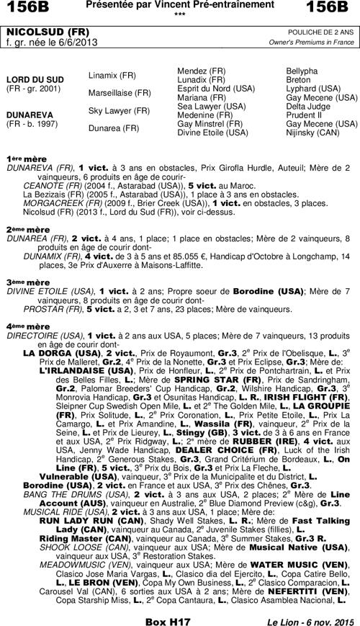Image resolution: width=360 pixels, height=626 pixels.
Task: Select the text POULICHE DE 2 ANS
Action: (x=321, y=33)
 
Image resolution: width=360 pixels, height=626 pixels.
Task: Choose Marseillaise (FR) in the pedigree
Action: (x=120, y=93)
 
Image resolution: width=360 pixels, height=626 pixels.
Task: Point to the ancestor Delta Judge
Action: (x=309, y=106)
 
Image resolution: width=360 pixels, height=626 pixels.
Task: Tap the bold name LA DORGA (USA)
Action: (x=62, y=353)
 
